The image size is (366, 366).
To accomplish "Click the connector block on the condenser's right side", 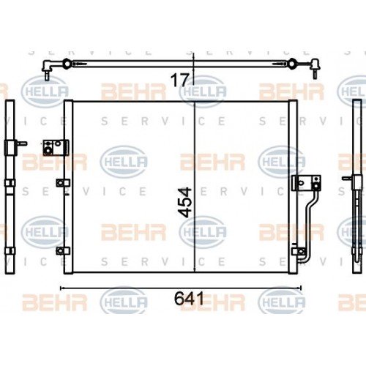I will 302,183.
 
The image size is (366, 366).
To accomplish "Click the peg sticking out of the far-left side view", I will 23,145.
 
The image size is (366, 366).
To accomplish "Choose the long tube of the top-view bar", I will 183,64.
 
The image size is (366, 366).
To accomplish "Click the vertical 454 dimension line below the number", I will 193,249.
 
